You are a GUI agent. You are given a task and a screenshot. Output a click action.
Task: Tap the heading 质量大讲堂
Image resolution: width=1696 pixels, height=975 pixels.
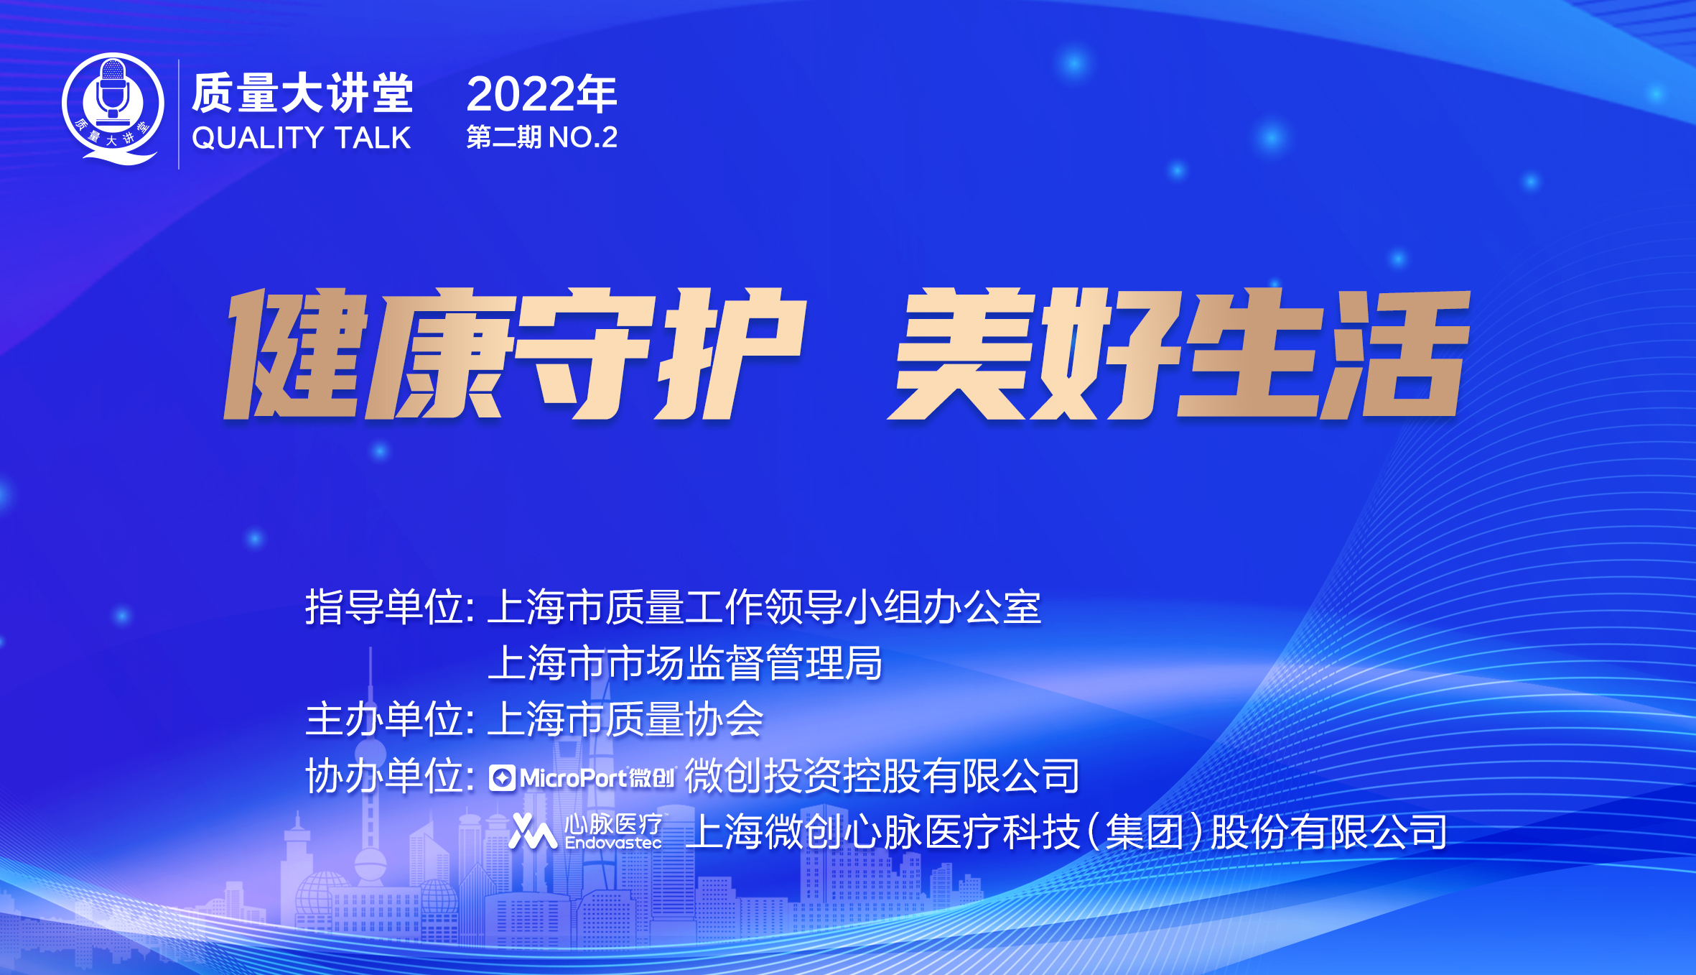point(302,94)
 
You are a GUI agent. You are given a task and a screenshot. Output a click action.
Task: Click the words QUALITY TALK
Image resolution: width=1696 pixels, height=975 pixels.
point(301,138)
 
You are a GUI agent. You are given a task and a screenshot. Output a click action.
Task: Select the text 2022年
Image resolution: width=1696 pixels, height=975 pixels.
point(541,94)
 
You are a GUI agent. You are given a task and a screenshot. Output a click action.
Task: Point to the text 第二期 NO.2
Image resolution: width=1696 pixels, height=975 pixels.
point(541,137)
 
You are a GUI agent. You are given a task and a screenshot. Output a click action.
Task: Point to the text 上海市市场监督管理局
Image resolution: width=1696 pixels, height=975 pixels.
point(685,662)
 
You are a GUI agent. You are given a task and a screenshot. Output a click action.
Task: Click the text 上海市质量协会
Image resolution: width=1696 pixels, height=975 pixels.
point(625,719)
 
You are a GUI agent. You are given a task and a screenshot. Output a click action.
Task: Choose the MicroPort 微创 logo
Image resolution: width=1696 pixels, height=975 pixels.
point(582,777)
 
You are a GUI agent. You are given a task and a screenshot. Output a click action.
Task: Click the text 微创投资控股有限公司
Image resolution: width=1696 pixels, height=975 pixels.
point(882,776)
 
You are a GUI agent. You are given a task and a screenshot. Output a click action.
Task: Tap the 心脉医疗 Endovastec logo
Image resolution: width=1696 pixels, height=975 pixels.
point(586,832)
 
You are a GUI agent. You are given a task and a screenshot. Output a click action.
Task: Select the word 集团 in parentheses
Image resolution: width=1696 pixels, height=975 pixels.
point(1144,832)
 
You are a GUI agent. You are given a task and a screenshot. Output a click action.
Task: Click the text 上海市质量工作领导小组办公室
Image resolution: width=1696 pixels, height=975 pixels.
point(764,607)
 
